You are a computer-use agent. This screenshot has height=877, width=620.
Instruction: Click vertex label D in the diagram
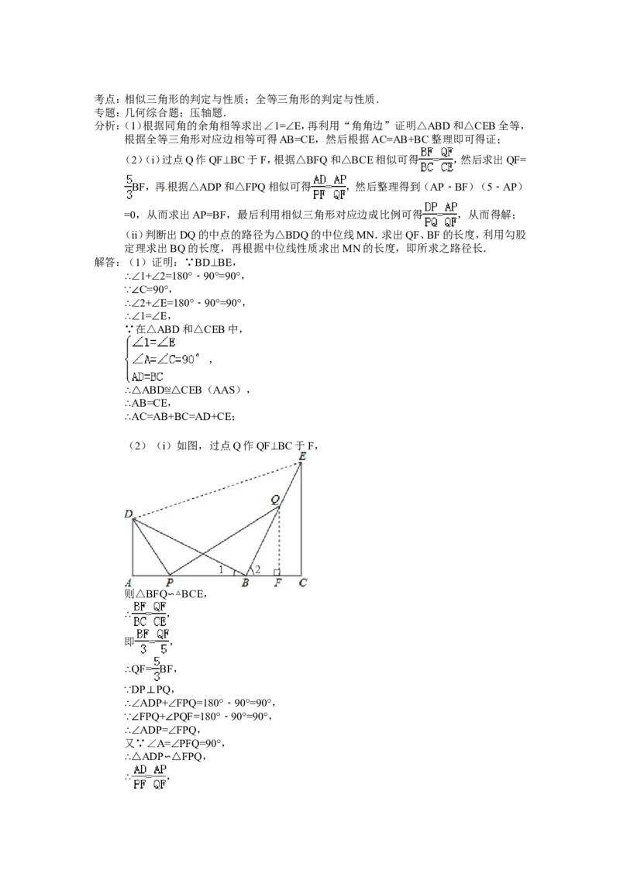pyautogui.click(x=129, y=514)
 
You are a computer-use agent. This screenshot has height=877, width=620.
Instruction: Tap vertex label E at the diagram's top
pyautogui.click(x=302, y=456)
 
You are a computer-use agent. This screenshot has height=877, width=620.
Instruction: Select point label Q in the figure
pyautogui.click(x=275, y=500)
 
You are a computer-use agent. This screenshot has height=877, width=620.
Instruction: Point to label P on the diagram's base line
pyautogui.click(x=170, y=583)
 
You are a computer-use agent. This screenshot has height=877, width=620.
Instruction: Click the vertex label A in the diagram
pyautogui.click(x=128, y=583)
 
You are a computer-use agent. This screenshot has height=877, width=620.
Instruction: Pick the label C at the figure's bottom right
pyautogui.click(x=303, y=583)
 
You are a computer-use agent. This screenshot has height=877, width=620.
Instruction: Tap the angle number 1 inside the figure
pyautogui.click(x=221, y=570)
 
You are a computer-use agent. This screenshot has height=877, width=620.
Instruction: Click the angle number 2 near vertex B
pyautogui.click(x=257, y=570)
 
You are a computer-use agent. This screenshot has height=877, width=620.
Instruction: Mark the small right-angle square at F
pyautogui.click(x=277, y=573)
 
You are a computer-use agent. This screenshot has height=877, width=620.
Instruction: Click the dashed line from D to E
pyautogui.click(x=217, y=490)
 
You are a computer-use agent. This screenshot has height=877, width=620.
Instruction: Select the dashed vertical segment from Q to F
pyautogui.click(x=279, y=541)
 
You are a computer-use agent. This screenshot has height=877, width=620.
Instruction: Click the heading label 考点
pyautogui.click(x=107, y=100)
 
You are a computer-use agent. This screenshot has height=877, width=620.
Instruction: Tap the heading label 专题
pyautogui.click(x=107, y=112)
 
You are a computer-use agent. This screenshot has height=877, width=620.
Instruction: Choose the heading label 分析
pyautogui.click(x=107, y=126)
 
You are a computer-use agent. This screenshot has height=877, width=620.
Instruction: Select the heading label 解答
pyautogui.click(x=107, y=263)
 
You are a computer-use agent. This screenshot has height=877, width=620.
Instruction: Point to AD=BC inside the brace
pyautogui.click(x=147, y=377)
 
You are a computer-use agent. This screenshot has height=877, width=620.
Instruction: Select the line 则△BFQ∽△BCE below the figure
pyautogui.click(x=166, y=594)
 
